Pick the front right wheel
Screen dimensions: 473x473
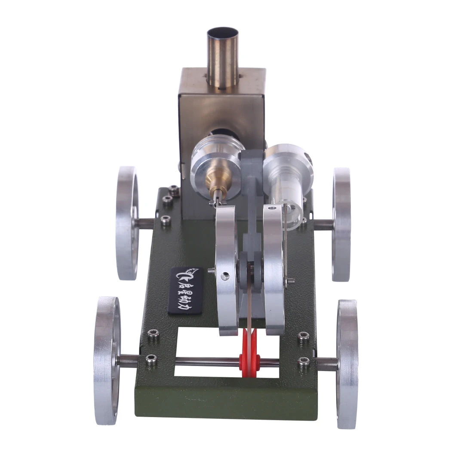click(348, 363)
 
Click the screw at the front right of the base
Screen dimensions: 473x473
click(304, 359)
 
